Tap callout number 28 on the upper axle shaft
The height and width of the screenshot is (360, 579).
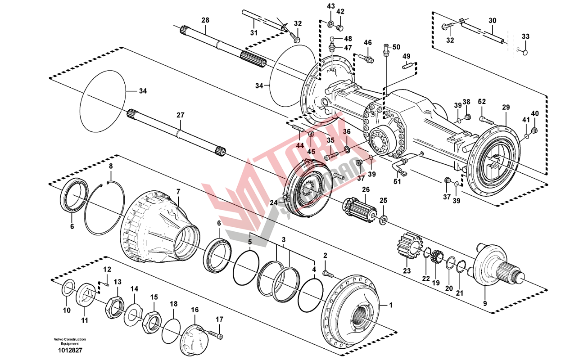tap(205, 20)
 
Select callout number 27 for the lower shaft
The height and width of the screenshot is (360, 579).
tap(180, 115)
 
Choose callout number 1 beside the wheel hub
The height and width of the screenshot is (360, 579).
tap(391, 305)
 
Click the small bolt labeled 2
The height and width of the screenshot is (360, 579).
tap(328, 273)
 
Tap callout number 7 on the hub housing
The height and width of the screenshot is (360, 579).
tap(178, 191)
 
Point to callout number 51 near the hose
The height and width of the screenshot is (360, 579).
tap(397, 181)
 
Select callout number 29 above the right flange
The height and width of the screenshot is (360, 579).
tap(506, 107)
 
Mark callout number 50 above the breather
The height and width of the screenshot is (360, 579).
tap(396, 47)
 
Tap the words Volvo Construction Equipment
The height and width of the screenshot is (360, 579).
tap(69, 341)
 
